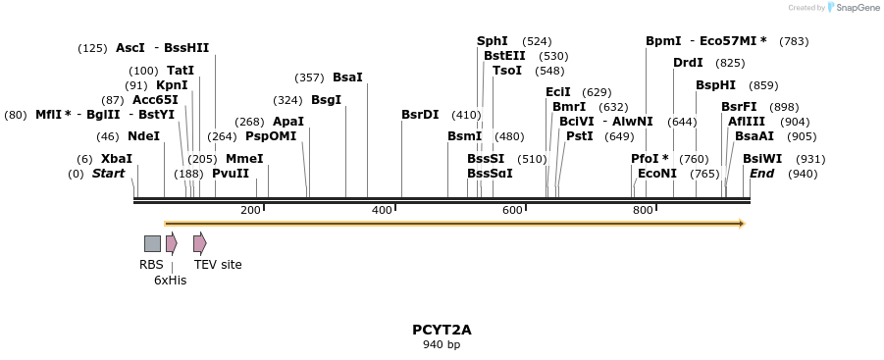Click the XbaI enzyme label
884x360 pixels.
pyautogui.click(x=117, y=159)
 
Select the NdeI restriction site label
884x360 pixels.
pyautogui.click(x=143, y=136)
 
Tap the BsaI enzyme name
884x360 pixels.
pyautogui.click(x=347, y=77)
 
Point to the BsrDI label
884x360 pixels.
pyautogui.click(x=420, y=115)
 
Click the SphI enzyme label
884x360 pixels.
pyautogui.click(x=493, y=41)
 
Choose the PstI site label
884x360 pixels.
pyautogui.click(x=580, y=136)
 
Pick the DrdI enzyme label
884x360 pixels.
pyautogui.click(x=688, y=63)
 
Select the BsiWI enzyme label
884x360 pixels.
pyautogui.click(x=762, y=159)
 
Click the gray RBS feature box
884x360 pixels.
pyautogui.click(x=152, y=243)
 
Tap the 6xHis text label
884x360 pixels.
pyautogui.click(x=170, y=281)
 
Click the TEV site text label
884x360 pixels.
pyautogui.click(x=218, y=265)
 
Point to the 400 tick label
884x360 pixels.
pyautogui.click(x=382, y=210)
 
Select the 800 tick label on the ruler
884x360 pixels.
pyautogui.click(x=643, y=210)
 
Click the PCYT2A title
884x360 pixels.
pyautogui.click(x=442, y=330)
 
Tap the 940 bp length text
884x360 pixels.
pyautogui.click(x=442, y=345)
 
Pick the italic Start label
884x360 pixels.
pyautogui.click(x=108, y=174)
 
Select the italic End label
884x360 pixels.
pyautogui.click(x=762, y=174)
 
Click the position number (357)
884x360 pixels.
pyautogui.click(x=310, y=77)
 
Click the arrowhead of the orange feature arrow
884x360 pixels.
pyautogui.click(x=742, y=224)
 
